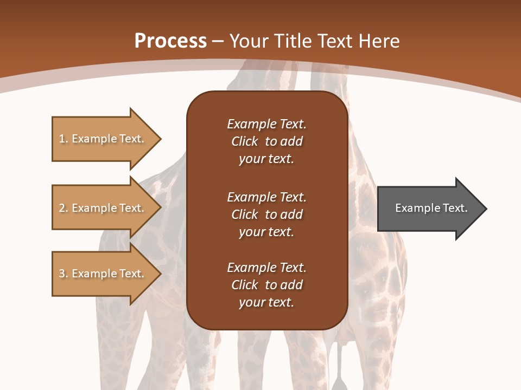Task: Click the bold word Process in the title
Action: click(x=170, y=41)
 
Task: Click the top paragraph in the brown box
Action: click(x=266, y=141)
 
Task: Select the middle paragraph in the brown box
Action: click(x=266, y=214)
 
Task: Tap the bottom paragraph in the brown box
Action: click(x=266, y=285)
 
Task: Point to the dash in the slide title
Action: click(x=218, y=41)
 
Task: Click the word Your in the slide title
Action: click(x=249, y=41)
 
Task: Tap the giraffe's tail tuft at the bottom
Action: click(x=340, y=379)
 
